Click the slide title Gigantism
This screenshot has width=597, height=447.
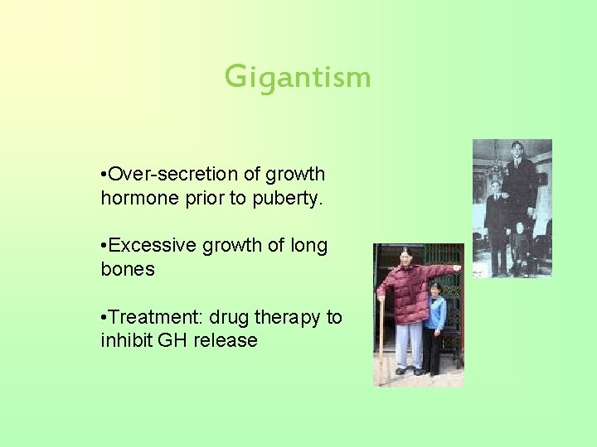point(298,78)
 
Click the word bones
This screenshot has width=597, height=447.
point(128,270)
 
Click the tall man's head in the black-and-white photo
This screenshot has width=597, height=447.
point(518,151)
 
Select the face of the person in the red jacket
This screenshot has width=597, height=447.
point(406,256)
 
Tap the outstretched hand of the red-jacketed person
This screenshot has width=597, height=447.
point(457,268)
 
